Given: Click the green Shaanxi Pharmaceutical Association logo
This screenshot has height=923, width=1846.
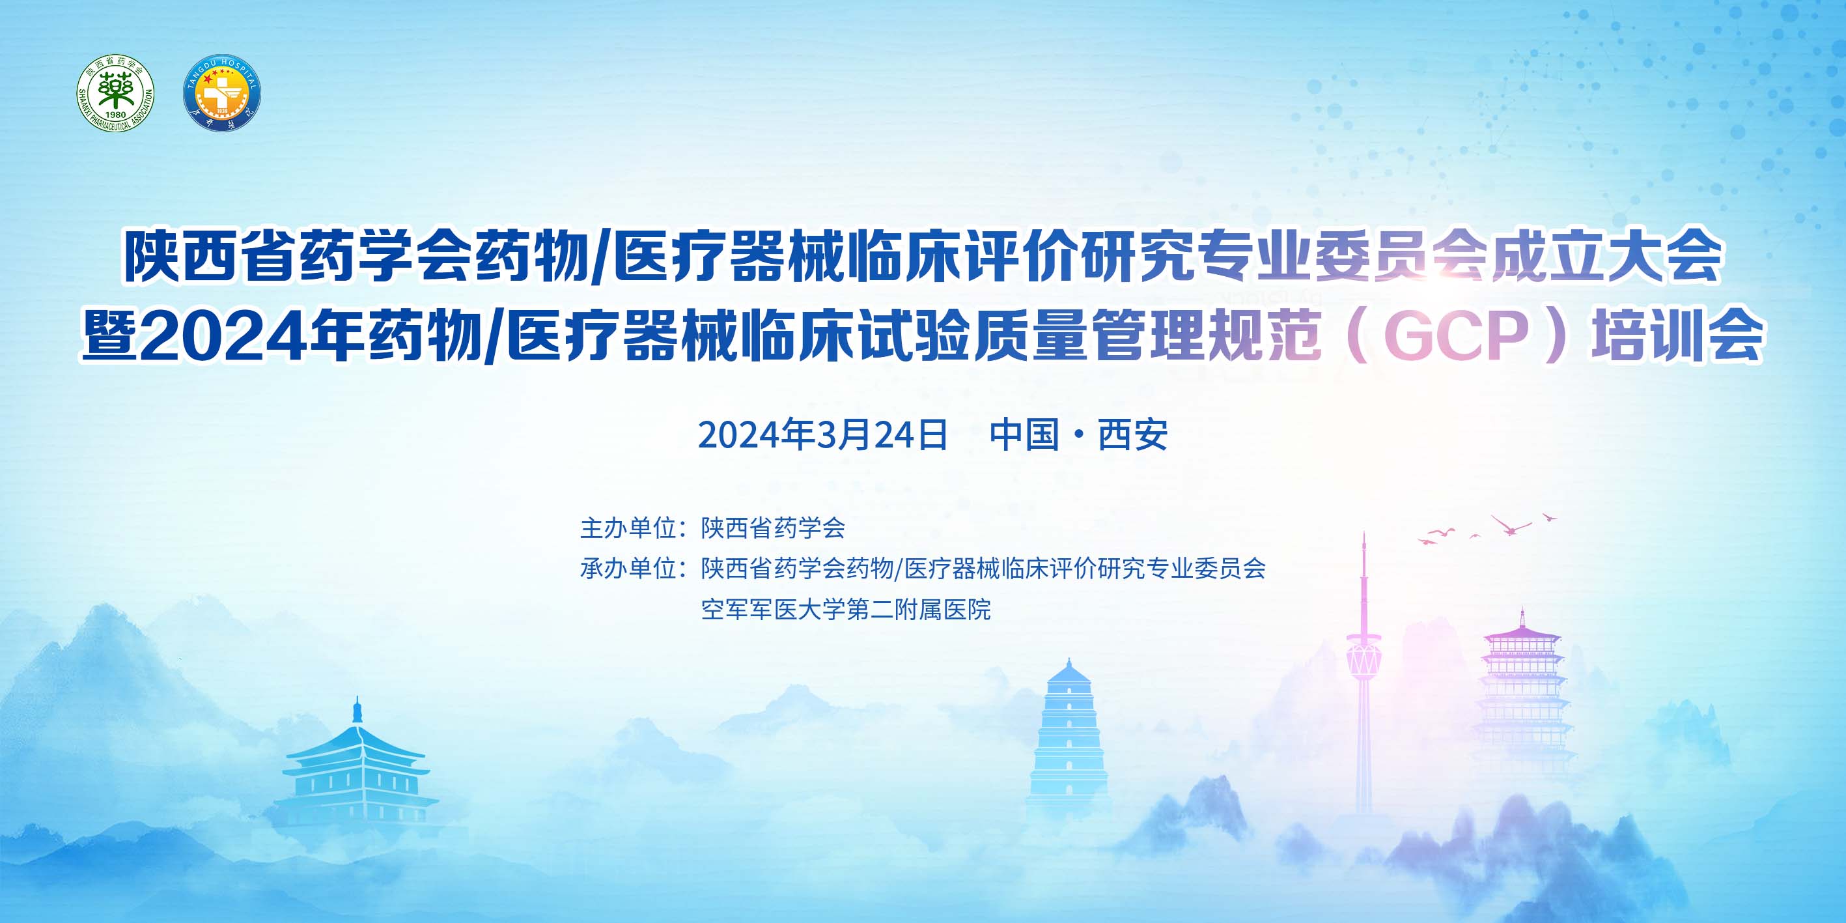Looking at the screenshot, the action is pyautogui.click(x=115, y=93).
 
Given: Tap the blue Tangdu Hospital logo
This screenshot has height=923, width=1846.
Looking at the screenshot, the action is pyautogui.click(x=222, y=93).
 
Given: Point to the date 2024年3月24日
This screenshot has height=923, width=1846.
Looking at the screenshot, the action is pyautogui.click(x=822, y=434).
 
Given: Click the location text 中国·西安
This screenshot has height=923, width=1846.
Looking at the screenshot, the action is pyautogui.click(x=1078, y=434).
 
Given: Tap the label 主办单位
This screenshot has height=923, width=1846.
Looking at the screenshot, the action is pyautogui.click(x=628, y=528).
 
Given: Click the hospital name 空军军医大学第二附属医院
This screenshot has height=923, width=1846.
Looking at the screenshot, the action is pyautogui.click(x=846, y=610).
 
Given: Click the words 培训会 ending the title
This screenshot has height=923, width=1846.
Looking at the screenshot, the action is pyautogui.click(x=1677, y=335).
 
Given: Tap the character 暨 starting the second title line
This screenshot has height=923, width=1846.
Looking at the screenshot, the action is pyautogui.click(x=109, y=335).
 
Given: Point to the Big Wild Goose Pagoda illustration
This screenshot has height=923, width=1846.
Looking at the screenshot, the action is pyautogui.click(x=1069, y=738).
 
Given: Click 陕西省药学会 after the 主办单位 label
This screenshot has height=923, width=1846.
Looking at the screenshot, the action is pyautogui.click(x=773, y=528).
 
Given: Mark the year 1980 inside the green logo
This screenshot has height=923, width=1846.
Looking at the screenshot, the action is pyautogui.click(x=115, y=115).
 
